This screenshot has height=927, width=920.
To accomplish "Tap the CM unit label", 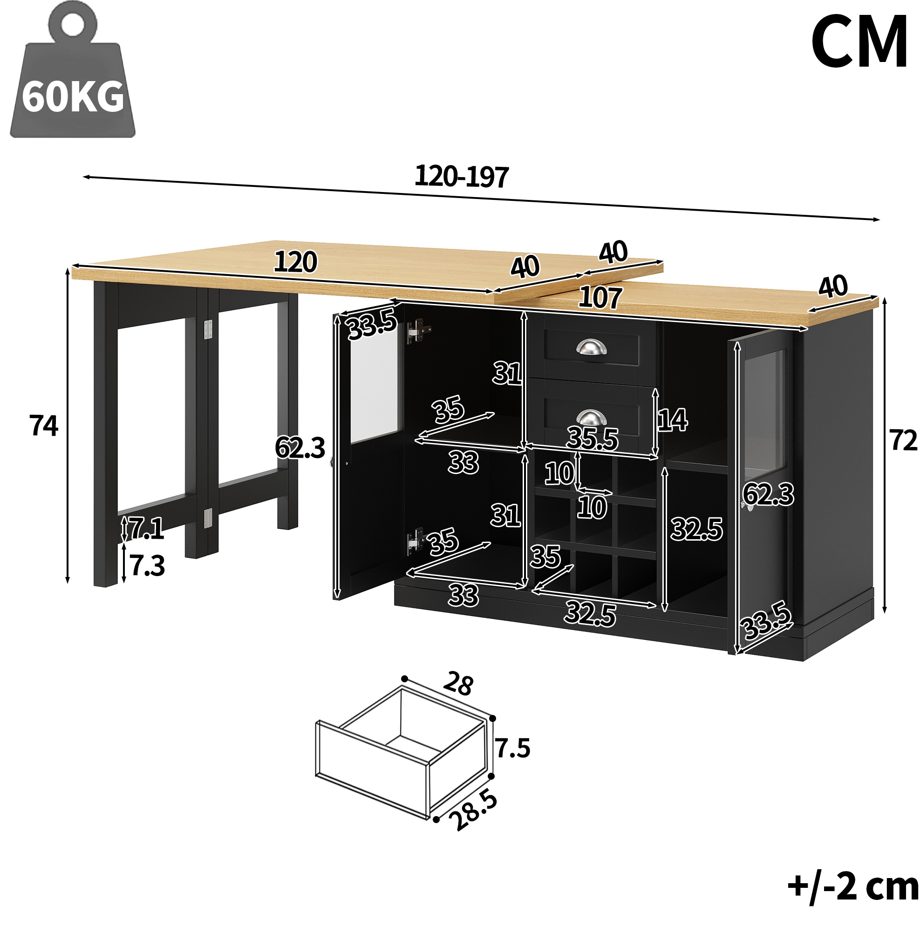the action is click(859, 42).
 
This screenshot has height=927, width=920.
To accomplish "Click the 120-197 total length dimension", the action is click(461, 177).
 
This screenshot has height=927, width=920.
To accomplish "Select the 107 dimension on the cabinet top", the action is click(600, 297).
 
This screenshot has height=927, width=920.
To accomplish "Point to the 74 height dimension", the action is click(44, 425).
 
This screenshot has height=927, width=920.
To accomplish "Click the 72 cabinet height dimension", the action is click(903, 440).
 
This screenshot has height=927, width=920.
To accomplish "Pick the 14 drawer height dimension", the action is click(672, 420).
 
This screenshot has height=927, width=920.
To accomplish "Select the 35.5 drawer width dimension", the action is click(593, 438).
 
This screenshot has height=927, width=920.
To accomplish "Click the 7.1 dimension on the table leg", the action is click(146, 528).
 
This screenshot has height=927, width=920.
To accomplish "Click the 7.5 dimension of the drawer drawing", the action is click(513, 748).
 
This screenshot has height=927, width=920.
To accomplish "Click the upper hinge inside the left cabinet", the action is click(419, 331).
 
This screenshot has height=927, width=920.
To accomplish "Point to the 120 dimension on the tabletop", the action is click(295, 262).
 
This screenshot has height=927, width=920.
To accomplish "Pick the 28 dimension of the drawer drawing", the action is click(458, 684).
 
